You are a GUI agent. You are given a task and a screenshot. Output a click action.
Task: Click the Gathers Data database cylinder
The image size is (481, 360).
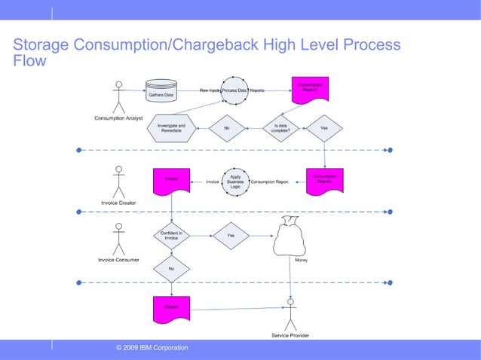click(x=159, y=90)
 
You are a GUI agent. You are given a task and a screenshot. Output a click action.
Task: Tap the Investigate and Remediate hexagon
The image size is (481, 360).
click(x=171, y=129)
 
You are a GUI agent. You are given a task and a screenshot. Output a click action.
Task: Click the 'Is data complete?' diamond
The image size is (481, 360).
click(x=280, y=129)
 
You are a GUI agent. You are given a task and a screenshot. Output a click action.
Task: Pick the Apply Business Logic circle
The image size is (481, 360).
click(x=234, y=182)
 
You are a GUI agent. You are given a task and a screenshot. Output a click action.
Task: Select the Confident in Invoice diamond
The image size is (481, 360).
click(x=171, y=236)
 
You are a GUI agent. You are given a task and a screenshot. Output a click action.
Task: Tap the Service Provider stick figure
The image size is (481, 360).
click(x=290, y=313)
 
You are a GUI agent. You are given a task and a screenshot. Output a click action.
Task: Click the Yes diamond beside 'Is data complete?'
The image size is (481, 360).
click(x=324, y=129)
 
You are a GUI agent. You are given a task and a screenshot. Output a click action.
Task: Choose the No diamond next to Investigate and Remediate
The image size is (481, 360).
click(x=226, y=129)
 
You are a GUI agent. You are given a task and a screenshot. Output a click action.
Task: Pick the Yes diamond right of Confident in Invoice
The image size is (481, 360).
click(x=231, y=236)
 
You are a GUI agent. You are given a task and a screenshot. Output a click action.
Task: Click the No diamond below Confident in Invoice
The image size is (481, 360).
click(x=171, y=268)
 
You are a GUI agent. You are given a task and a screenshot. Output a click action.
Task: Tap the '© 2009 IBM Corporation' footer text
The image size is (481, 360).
click(x=152, y=347)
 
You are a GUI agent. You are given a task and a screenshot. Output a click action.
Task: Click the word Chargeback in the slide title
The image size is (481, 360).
click(x=211, y=45)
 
